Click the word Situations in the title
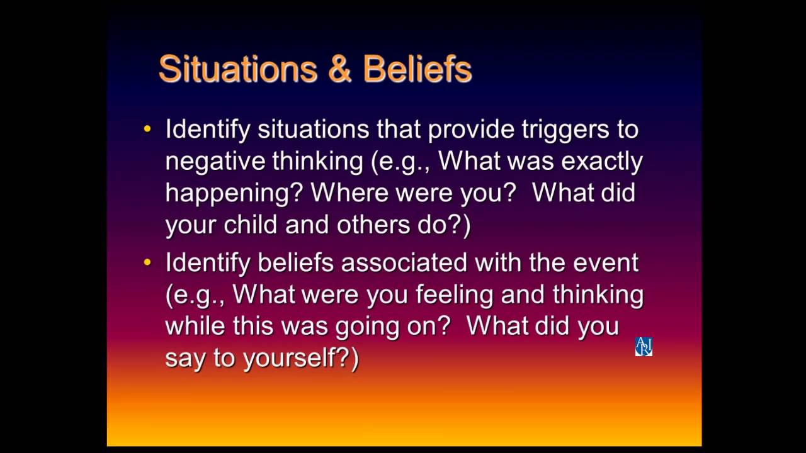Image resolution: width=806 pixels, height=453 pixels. click(238, 69)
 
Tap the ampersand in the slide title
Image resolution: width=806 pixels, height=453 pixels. click(339, 69)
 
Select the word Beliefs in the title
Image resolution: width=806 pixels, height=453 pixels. click(417, 69)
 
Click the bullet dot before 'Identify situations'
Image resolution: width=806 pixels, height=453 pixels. click(147, 129)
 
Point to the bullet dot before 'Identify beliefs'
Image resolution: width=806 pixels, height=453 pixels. click(147, 262)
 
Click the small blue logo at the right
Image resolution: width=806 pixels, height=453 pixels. click(644, 347)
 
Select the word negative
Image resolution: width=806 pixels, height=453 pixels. click(215, 162)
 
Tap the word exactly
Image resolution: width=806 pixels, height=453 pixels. click(602, 162)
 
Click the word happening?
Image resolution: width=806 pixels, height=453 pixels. click(234, 194)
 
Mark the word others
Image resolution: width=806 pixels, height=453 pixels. click(373, 225)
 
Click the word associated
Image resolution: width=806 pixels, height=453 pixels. click(404, 262)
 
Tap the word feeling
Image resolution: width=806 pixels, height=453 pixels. click(455, 296)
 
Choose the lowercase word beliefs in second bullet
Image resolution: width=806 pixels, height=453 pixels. click(296, 262)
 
